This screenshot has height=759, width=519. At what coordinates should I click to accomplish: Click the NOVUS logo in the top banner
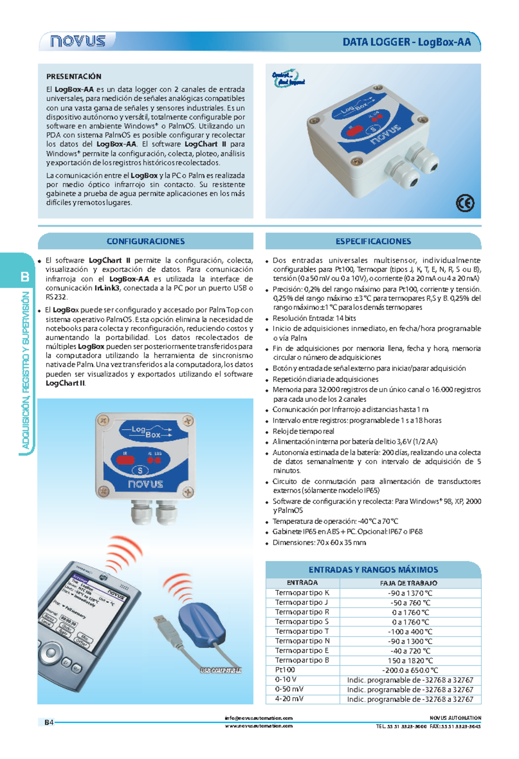pyautogui.click(x=78, y=41)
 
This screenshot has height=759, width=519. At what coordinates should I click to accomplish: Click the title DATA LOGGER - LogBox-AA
pyautogui.click(x=406, y=42)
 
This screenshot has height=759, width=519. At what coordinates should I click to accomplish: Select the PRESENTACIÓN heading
pyautogui.click(x=74, y=77)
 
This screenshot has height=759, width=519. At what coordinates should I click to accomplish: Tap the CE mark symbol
pyautogui.click(x=465, y=203)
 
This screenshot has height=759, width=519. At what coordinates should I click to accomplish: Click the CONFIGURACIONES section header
pyautogui.click(x=145, y=241)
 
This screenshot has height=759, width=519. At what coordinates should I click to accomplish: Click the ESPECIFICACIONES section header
pyautogui.click(x=373, y=241)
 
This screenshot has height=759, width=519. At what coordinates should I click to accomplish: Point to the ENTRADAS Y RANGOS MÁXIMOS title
pyautogui.click(x=373, y=570)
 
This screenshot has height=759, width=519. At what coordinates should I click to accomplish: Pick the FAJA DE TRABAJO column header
pyautogui.click(x=408, y=583)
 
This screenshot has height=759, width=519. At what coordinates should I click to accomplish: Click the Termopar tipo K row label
pyautogui.click(x=302, y=593)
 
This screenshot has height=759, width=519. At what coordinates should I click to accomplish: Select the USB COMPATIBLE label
pyautogui.click(x=221, y=670)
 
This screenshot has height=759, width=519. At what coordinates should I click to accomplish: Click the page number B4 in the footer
pyautogui.click(x=48, y=722)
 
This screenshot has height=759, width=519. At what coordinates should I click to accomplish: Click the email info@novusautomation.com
pyautogui.click(x=259, y=718)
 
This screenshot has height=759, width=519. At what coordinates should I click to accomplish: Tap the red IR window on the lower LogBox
pyautogui.click(x=125, y=459)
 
